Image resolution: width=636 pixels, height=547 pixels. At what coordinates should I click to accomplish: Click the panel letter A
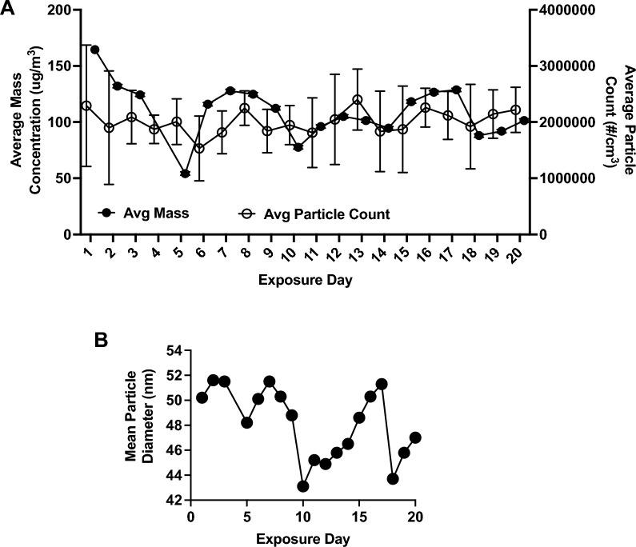tap(7, 10)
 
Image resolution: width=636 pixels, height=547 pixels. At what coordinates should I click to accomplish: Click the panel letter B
tap(102, 339)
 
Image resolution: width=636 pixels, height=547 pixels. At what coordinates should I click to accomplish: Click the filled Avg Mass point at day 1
tap(94, 50)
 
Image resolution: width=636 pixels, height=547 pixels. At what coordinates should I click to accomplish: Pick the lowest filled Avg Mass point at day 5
tap(185, 174)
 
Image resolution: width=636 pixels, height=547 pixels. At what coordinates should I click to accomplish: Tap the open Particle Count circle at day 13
tap(358, 100)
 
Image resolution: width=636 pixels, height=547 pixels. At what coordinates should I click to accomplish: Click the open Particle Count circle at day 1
tap(86, 106)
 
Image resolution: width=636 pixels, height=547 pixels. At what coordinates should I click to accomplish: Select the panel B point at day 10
tap(303, 486)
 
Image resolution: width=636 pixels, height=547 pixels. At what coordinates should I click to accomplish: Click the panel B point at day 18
tap(393, 478)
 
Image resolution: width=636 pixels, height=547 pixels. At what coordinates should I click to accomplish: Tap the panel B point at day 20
tap(415, 437)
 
